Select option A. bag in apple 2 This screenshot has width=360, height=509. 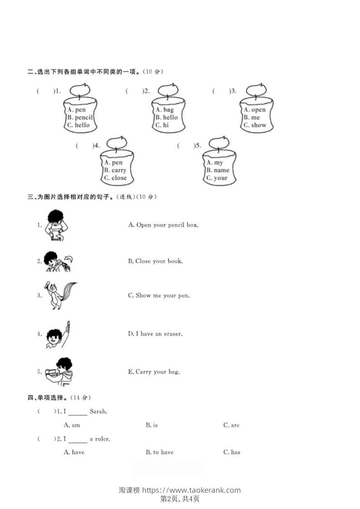click(x=164, y=110)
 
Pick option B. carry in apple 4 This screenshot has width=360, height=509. click(x=115, y=171)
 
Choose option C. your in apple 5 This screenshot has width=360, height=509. click(x=217, y=178)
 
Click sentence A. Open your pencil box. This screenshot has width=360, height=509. click(x=163, y=225)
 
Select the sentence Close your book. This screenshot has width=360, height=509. click(x=155, y=261)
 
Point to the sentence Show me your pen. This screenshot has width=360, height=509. click(x=159, y=296)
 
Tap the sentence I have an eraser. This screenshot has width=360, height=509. click(x=155, y=334)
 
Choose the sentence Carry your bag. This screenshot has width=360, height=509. click(x=154, y=372)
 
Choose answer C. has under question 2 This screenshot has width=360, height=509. click(x=232, y=452)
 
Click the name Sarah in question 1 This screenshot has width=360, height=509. click(x=98, y=412)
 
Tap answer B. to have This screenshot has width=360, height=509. click(x=159, y=452)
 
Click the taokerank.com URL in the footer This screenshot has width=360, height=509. click(x=191, y=490)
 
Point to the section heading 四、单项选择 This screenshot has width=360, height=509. click(x=48, y=398)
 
